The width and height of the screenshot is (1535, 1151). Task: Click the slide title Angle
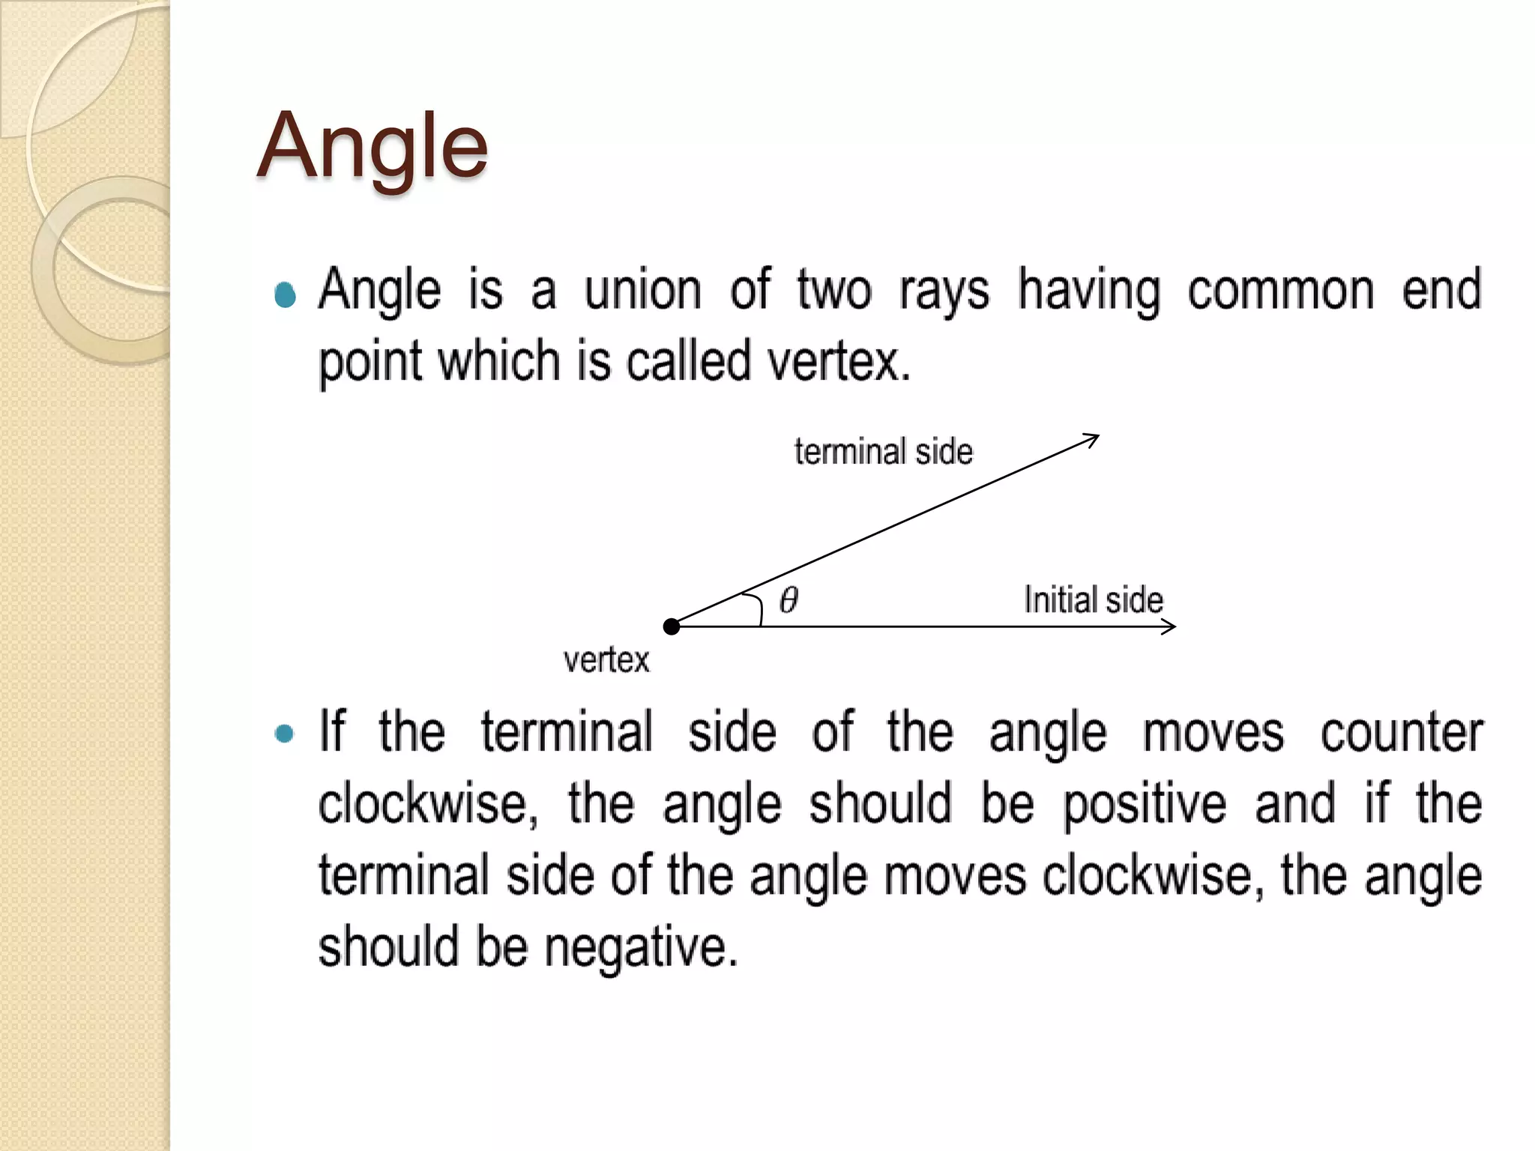pos(373,146)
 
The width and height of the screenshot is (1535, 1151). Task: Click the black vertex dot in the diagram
pos(672,626)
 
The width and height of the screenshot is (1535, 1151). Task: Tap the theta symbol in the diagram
pos(788,599)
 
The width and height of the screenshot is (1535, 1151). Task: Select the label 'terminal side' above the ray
pos(883,452)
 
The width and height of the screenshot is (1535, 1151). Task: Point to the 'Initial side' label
pos(1094,599)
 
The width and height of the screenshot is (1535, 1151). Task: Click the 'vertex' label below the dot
pos(606,660)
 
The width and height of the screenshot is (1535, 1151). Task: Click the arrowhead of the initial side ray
pos(1169,626)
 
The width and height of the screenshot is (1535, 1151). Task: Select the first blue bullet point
pos(285,295)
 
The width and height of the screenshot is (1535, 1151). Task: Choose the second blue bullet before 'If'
pos(284,733)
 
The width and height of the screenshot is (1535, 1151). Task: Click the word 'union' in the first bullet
pos(642,289)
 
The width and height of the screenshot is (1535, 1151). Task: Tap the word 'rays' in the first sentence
pos(944,291)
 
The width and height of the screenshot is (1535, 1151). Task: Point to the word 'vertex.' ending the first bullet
pos(839,361)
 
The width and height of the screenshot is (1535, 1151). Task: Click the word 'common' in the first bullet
pos(1281,289)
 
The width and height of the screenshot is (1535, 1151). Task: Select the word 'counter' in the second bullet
pos(1401,732)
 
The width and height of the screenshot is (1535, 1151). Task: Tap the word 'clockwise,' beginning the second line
pos(428,803)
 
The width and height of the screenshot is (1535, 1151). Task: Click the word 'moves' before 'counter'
pos(1213,732)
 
